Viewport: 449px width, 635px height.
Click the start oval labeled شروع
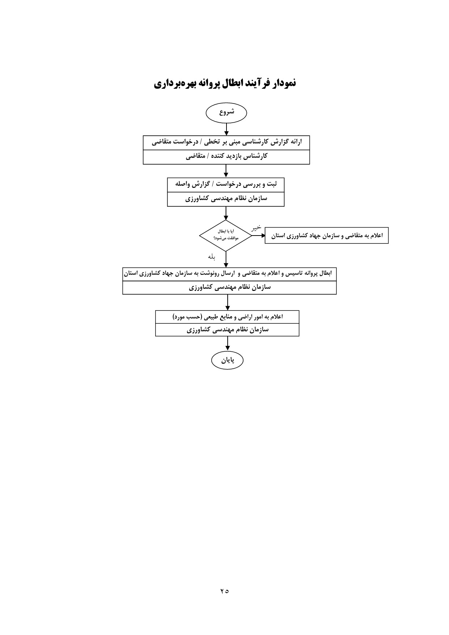click(226, 113)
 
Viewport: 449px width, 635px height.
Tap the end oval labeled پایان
click(227, 360)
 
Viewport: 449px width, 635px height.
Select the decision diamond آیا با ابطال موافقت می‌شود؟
click(225, 236)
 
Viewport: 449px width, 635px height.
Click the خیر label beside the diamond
click(256, 228)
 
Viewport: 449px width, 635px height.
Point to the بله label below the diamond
click(211, 257)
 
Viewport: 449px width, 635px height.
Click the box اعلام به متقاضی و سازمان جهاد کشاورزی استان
click(326, 236)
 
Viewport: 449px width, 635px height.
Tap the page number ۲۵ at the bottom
click(224, 591)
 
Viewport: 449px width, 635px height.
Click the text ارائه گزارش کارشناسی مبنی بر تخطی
click(253, 142)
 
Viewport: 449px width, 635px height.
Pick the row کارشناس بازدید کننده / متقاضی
click(226, 157)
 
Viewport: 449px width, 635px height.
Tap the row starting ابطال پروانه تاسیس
click(229, 273)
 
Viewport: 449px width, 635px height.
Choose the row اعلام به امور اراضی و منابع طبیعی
click(227, 317)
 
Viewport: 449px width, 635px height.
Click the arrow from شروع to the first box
click(226, 129)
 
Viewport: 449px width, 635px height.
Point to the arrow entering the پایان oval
click(228, 344)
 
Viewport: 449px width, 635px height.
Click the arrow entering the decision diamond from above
click(226, 213)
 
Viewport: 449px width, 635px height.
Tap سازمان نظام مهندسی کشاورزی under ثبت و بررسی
click(226, 199)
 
